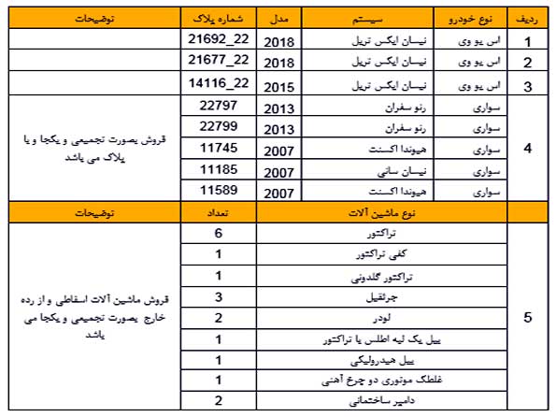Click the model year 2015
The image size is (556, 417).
click(278, 87)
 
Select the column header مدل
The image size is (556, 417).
click(278, 20)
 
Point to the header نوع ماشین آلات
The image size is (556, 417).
click(383, 213)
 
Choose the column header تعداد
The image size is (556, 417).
click(218, 213)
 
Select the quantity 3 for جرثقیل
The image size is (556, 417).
click(218, 296)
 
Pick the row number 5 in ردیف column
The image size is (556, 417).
click(529, 317)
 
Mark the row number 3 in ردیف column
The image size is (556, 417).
click(529, 85)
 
